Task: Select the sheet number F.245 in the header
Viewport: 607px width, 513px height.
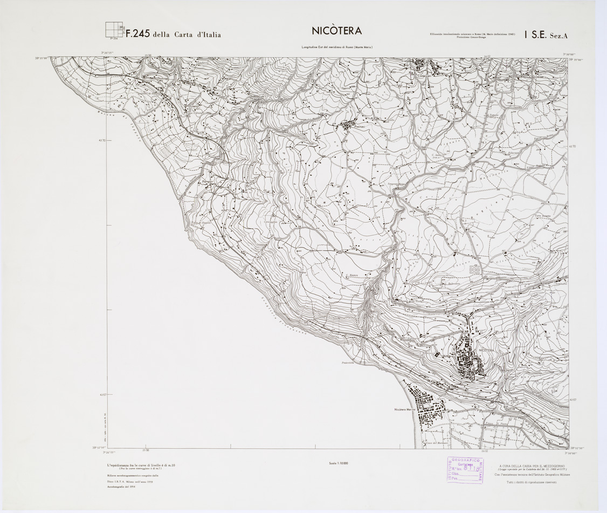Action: (x=137, y=35)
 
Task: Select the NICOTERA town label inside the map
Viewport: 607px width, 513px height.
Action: (x=486, y=351)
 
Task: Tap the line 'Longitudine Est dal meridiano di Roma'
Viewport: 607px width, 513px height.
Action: (x=337, y=48)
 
